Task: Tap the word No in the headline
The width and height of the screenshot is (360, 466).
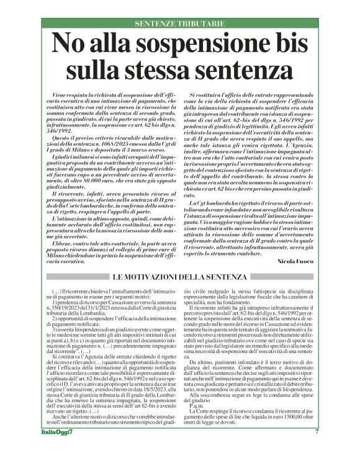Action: [x=69, y=45]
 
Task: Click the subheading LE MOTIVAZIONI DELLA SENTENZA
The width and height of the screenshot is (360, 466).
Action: [x=180, y=276]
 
